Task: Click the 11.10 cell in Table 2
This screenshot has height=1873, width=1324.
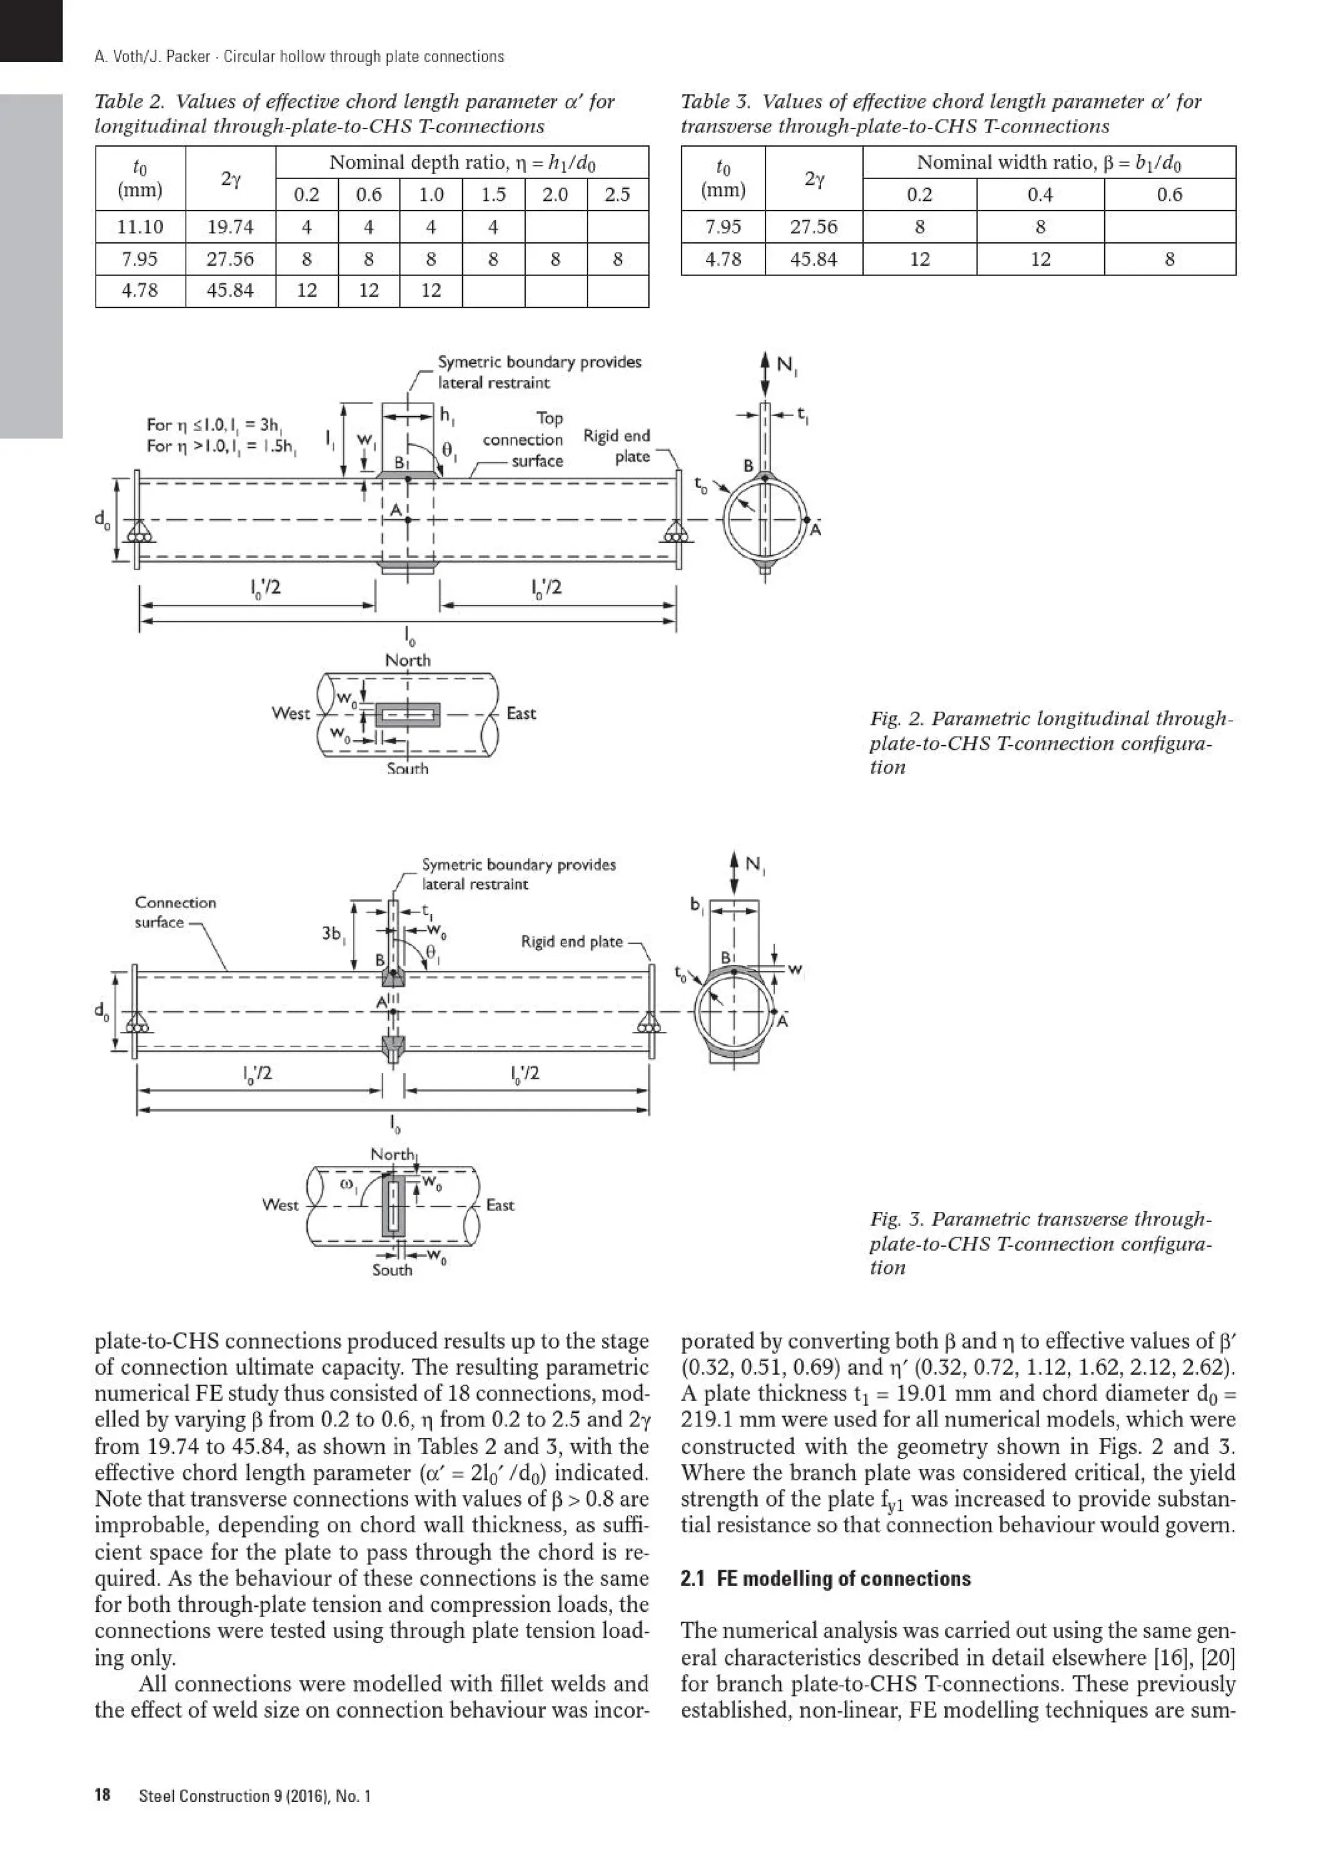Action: (140, 227)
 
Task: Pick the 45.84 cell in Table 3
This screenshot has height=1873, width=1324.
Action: (813, 259)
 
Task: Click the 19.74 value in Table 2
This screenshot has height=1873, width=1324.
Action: (230, 227)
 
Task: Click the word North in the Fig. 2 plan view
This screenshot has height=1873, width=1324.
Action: (408, 660)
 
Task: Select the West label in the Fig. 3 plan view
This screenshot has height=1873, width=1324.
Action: (280, 1205)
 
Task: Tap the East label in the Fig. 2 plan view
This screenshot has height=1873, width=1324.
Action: (520, 713)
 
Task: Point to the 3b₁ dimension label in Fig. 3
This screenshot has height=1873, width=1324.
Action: (332, 933)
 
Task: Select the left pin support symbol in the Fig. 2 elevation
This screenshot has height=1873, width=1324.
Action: (140, 532)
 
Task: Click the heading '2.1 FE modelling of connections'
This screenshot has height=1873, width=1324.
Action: (826, 1578)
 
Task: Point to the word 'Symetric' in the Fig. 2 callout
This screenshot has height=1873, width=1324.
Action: (469, 362)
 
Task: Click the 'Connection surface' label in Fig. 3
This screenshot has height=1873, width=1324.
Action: (175, 912)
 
